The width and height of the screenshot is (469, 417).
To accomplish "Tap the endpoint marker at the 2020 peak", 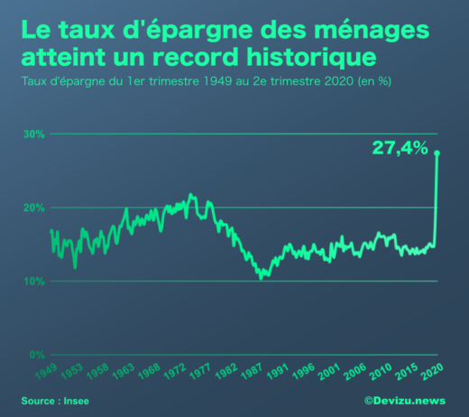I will [438, 153].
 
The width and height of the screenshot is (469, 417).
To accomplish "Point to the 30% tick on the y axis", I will [33, 134].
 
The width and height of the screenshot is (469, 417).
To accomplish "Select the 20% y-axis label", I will [33, 208].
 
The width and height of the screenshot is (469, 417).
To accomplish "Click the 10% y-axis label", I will [33, 281].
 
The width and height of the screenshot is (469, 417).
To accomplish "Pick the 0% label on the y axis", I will [36, 355].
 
